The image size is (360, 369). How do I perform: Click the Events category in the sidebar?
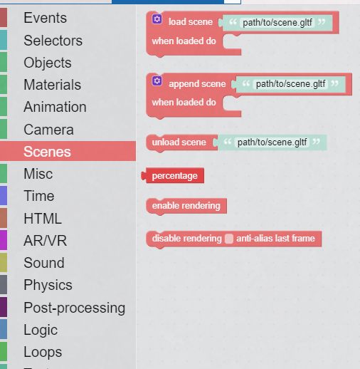point(45,18)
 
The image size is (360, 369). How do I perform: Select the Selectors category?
point(53,41)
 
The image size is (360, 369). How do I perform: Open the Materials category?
point(52,85)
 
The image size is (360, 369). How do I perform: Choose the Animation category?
point(55,107)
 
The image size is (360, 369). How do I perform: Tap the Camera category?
point(48,130)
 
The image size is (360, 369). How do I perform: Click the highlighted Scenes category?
point(47,152)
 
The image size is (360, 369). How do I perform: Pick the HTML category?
point(43,219)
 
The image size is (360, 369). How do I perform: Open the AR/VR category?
point(46,241)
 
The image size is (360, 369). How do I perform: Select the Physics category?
point(48,285)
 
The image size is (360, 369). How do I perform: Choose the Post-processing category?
point(75,308)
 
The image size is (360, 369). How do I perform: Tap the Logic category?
point(41,330)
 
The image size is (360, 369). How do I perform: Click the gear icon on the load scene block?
point(157,19)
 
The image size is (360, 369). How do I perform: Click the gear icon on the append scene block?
point(157,80)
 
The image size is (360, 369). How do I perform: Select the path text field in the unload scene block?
point(272,142)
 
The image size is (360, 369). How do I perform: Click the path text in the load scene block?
point(277,23)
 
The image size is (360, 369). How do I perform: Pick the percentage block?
point(175,176)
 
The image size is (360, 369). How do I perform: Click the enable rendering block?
point(186,206)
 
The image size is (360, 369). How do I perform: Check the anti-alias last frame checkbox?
point(229,239)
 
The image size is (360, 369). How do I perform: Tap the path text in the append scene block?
point(290,84)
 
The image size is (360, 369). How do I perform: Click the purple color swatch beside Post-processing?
point(4,307)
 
